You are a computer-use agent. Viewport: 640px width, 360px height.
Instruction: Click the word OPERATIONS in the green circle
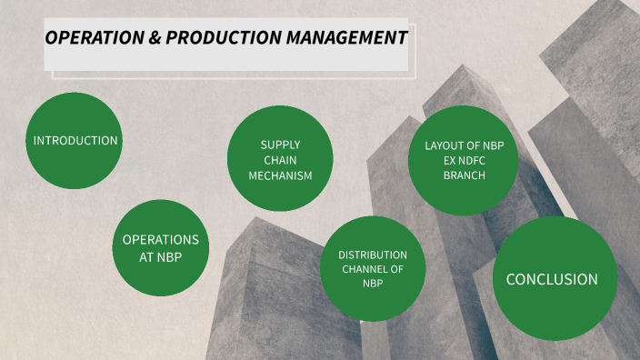[160, 239]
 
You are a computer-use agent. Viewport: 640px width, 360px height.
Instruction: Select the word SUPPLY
[280, 145]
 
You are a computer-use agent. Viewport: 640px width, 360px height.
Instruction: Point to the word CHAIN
[280, 160]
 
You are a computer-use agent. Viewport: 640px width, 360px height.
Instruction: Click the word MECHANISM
[280, 175]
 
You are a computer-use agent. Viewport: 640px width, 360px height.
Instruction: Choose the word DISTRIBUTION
[373, 255]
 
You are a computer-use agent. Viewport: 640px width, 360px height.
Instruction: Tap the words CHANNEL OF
[373, 269]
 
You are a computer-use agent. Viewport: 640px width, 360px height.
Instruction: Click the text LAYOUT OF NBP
[465, 145]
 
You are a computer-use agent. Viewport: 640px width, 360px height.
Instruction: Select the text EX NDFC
[465, 160]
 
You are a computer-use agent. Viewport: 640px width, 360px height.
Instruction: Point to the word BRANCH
[465, 175]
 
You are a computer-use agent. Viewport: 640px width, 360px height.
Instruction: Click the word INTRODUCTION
[75, 141]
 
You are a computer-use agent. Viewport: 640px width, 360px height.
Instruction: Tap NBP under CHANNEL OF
[373, 284]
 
